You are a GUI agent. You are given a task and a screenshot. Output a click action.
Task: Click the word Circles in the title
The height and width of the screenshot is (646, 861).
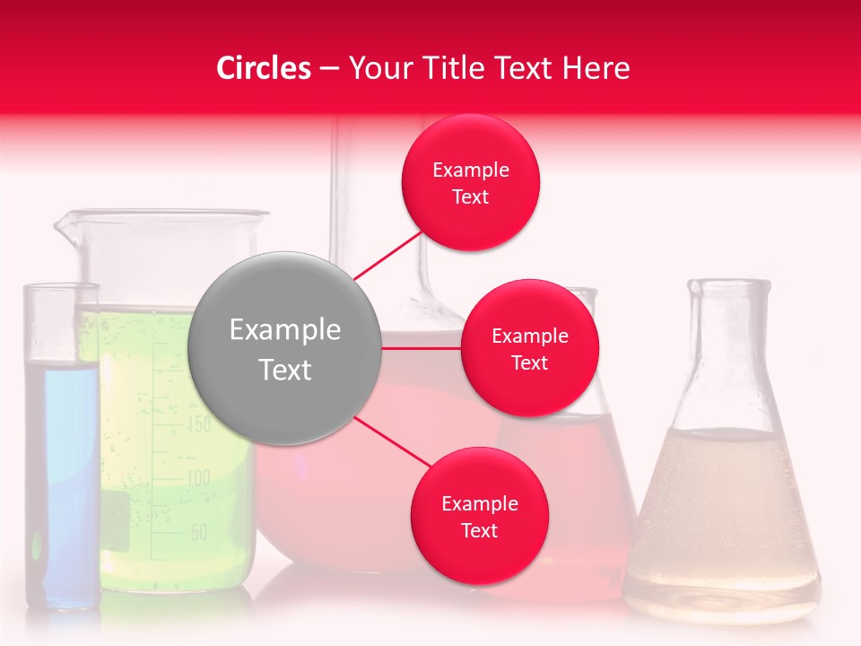264,68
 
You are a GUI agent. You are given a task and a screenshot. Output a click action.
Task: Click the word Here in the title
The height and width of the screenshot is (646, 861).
596,68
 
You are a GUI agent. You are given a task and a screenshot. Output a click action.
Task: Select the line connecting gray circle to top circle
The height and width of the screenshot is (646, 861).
387,256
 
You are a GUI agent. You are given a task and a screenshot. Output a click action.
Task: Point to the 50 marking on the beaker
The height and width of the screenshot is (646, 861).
198,532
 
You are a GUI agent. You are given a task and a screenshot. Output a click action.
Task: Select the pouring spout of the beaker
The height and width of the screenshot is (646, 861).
65,224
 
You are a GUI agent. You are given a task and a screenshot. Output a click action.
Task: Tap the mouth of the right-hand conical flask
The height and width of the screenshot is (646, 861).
729,286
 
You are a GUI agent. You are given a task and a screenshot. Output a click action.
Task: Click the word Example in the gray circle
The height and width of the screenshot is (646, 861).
285,330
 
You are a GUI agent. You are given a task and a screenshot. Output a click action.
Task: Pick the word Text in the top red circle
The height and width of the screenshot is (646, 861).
470,197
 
